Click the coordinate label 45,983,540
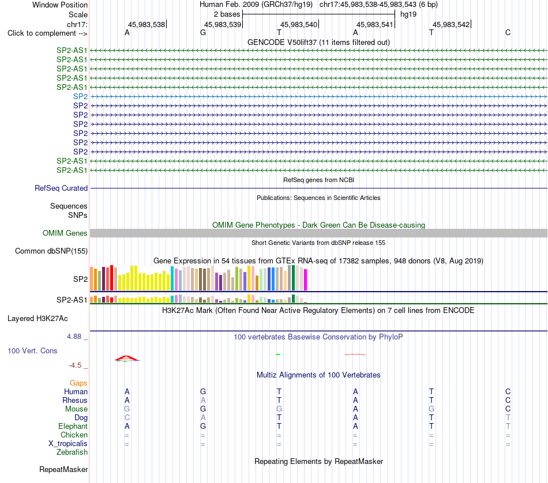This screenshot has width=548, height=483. (x=299, y=24)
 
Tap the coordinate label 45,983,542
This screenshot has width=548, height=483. (x=451, y=24)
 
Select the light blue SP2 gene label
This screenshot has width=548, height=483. (x=80, y=96)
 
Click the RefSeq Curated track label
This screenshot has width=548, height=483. (x=61, y=188)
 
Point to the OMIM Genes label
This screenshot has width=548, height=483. (x=65, y=233)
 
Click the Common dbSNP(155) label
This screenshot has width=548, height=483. (x=51, y=251)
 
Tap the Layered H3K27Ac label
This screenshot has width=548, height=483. (x=37, y=319)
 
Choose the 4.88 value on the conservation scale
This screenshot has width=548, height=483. (x=74, y=337)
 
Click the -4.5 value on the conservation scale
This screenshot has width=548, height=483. (x=75, y=365)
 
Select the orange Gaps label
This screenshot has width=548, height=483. (x=78, y=383)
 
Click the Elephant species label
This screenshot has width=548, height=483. (x=73, y=427)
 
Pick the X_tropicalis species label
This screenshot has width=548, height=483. (x=68, y=444)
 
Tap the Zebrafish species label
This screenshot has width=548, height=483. (x=72, y=452)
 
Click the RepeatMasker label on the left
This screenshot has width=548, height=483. (x=63, y=469)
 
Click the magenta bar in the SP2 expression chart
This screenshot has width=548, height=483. (x=306, y=280)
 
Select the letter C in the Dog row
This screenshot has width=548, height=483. (x=127, y=418)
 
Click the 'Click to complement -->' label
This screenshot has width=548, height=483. (x=47, y=33)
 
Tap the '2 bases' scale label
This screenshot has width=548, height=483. (x=227, y=14)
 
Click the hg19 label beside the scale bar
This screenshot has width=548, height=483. (x=408, y=14)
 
